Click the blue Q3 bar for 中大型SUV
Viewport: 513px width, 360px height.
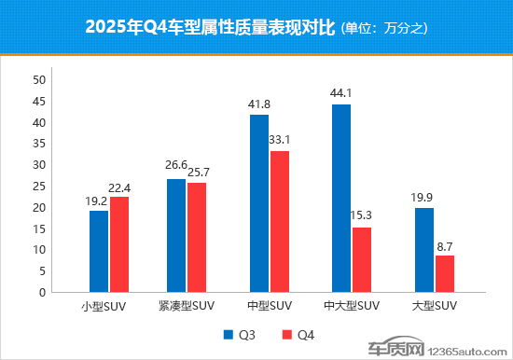pos(341,198)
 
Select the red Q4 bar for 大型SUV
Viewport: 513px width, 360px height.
pos(445,273)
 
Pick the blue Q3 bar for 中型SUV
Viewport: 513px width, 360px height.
pos(258,202)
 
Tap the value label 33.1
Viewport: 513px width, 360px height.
pos(279,140)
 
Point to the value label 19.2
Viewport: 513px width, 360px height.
pos(99,200)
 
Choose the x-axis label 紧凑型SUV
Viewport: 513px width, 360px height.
pos(187,306)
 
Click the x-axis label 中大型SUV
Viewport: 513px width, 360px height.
pos(352,306)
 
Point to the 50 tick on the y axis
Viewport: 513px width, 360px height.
pos(39,80)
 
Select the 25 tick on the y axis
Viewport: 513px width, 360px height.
pos(39,187)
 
